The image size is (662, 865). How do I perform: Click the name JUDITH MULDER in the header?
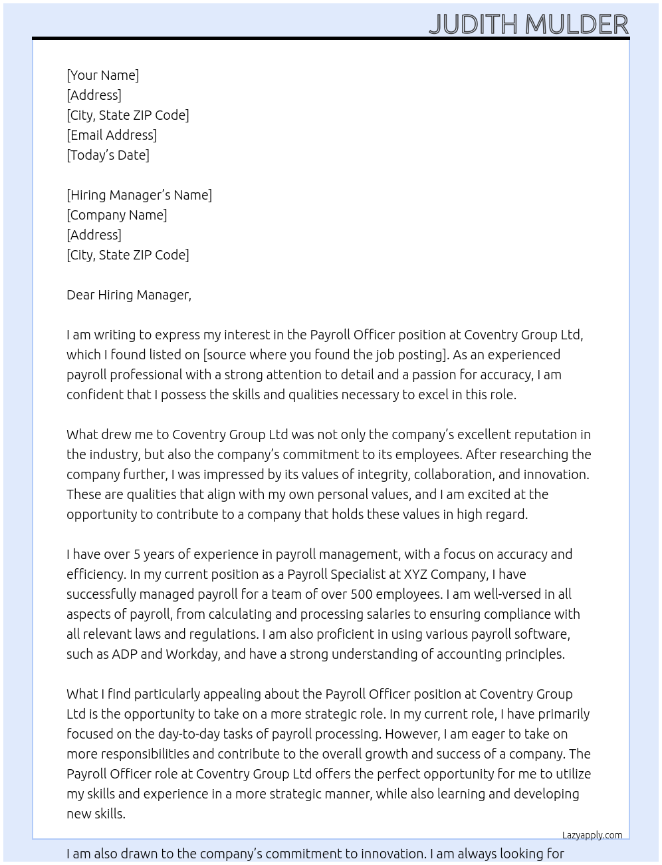528,25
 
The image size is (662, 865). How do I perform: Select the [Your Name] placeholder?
103,75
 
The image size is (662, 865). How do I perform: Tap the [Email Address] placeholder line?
112,135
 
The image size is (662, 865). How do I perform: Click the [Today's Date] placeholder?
108,155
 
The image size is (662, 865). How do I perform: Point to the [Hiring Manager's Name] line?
139,195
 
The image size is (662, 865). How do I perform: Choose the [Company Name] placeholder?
117,215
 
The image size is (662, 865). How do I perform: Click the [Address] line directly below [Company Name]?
94,235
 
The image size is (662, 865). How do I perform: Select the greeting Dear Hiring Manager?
128,295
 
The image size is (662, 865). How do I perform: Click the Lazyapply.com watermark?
592,835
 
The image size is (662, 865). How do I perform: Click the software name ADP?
124,654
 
